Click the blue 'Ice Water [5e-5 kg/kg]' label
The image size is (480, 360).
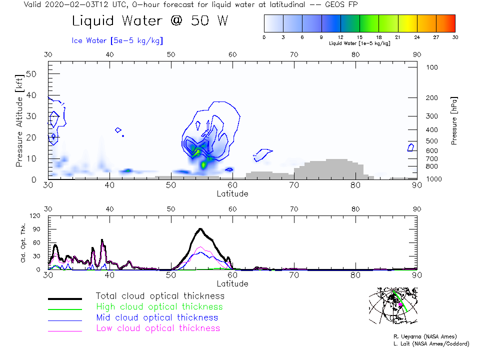coord(117,40)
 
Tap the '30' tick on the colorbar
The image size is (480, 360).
coord(454,37)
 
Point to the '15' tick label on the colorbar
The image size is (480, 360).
coord(359,37)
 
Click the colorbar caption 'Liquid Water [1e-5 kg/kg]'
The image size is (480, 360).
coord(359,43)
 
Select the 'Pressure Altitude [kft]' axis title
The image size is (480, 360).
coord(19,120)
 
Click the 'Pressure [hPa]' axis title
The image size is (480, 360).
coord(454,120)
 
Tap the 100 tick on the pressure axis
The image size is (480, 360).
coord(432,67)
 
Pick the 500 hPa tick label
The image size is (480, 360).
coord(432,141)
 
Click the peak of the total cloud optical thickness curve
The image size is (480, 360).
coord(200,229)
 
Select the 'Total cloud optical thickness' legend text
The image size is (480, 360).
coord(160,296)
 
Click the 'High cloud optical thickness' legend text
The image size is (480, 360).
coord(159,306)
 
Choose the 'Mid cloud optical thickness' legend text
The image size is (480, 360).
coord(157,317)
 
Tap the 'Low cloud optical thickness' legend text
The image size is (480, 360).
coord(157,328)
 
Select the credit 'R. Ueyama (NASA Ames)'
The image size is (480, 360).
coord(424,336)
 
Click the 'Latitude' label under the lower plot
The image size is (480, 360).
coord(232,283)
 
